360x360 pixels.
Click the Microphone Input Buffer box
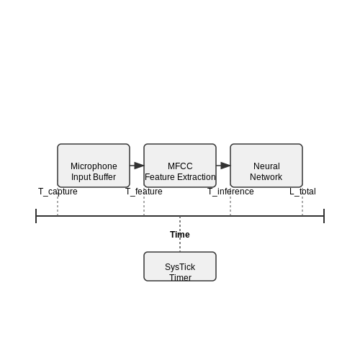(x=94, y=166)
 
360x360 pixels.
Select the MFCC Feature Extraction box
(x=180, y=166)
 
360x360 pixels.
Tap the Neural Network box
(x=266, y=166)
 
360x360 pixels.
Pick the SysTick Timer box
(x=180, y=266)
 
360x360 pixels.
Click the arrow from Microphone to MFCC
(x=137, y=166)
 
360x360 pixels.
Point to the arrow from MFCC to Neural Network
(x=223, y=166)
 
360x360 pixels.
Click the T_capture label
(x=58, y=192)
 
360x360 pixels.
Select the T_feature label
(x=144, y=192)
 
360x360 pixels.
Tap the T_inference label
(x=230, y=192)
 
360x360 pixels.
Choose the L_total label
(x=302, y=192)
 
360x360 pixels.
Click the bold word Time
(x=180, y=235)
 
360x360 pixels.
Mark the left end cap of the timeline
(x=36, y=216)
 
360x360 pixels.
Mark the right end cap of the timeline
(x=324, y=216)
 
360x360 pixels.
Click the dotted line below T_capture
(x=58, y=206)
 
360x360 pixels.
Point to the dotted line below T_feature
(x=144, y=206)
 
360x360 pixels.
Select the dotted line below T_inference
(x=230, y=206)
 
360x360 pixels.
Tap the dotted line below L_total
(x=302, y=206)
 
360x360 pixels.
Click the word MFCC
(x=180, y=166)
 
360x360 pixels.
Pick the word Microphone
(x=94, y=166)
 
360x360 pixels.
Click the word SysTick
(x=180, y=267)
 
